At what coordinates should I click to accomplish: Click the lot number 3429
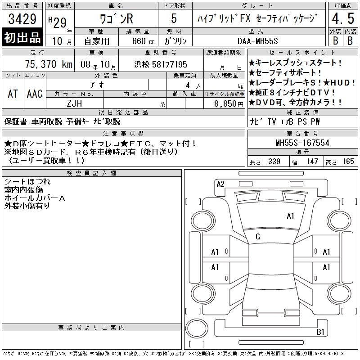pyautogui.click(x=22, y=18)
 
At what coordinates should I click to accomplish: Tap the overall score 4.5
pyautogui.click(x=343, y=18)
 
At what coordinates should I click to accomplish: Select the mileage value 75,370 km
pyautogui.click(x=49, y=64)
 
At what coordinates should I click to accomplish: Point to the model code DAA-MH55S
pyautogui.click(x=257, y=41)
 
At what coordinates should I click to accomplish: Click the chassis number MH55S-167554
pyautogui.click(x=302, y=143)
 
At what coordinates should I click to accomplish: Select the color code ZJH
pyautogui.click(x=74, y=103)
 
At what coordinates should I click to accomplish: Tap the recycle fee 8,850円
pyautogui.click(x=229, y=104)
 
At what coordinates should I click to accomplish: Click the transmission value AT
pyautogui.click(x=13, y=94)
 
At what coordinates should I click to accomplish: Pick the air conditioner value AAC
pyautogui.click(x=35, y=94)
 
